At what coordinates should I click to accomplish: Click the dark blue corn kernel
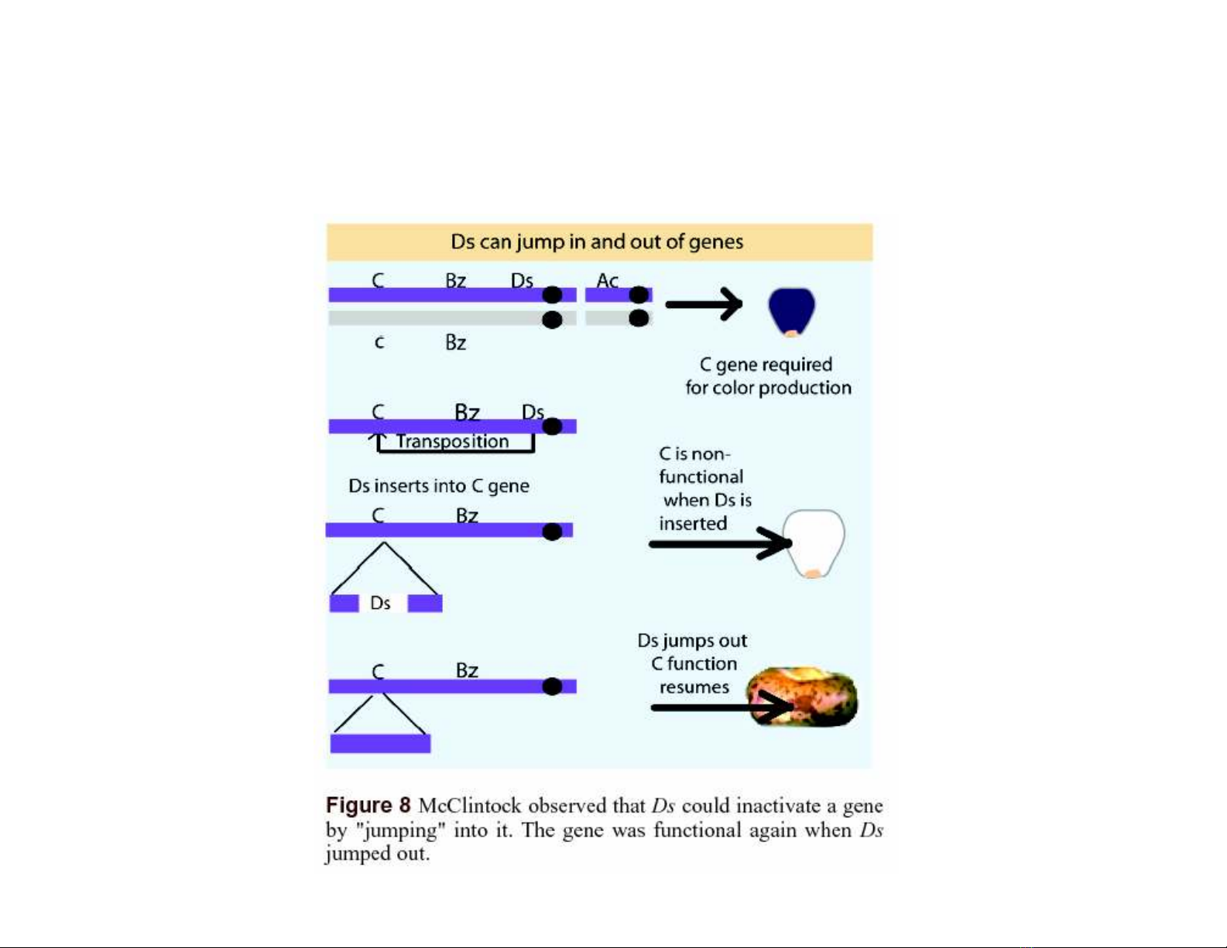[791, 311]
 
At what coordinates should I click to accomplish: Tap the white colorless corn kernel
[814, 542]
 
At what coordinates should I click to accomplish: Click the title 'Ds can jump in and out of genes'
[597, 242]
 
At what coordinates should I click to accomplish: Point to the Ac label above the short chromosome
[607, 280]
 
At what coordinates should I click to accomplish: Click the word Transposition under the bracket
[453, 442]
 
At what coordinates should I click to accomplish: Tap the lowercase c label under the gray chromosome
[379, 342]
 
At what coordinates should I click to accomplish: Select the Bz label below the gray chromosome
[455, 343]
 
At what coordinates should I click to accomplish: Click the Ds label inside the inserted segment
[380, 603]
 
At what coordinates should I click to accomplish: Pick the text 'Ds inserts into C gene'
[439, 486]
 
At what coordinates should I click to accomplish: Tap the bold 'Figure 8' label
[368, 806]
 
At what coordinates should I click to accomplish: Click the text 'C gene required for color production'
[767, 376]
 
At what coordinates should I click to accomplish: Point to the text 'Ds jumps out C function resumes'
[694, 664]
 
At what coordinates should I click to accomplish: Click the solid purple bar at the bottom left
[380, 744]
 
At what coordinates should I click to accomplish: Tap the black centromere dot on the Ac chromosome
[639, 295]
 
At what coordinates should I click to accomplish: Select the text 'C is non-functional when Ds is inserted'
[702, 488]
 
